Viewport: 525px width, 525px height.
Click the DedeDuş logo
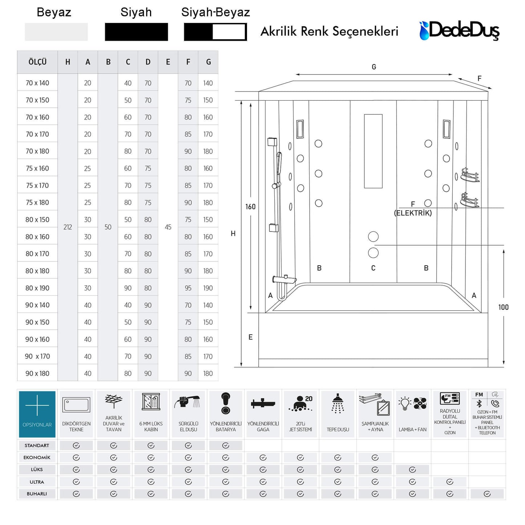click(459, 30)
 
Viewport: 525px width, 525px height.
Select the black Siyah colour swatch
click(136, 32)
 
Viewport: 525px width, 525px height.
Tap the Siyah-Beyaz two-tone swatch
click(215, 32)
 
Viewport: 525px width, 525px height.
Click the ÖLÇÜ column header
click(37, 62)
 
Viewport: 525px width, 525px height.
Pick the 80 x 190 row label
click(37, 288)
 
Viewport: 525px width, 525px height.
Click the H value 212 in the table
click(68, 227)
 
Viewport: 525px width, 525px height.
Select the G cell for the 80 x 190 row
click(208, 288)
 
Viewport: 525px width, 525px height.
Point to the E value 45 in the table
click(168, 227)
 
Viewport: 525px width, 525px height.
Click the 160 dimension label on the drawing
click(250, 207)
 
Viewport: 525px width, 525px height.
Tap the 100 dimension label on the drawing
click(503, 307)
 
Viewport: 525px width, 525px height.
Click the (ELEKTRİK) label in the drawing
click(413, 213)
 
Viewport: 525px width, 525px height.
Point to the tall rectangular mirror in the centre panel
click(373, 151)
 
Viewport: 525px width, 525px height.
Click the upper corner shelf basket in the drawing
click(470, 175)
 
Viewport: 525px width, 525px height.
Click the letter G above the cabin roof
click(374, 67)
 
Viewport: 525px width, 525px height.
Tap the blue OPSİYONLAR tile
click(37, 414)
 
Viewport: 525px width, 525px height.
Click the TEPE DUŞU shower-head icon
click(338, 404)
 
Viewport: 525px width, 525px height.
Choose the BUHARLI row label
click(37, 494)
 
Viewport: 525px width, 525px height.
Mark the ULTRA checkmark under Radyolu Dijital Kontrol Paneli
click(450, 482)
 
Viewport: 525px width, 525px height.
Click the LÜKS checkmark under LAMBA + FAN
click(412, 469)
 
